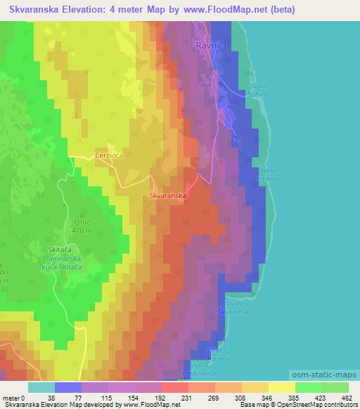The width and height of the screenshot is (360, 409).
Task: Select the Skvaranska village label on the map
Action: [167, 197]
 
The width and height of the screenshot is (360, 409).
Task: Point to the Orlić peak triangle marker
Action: [83, 214]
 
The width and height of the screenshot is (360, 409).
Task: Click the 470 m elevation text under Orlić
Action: [82, 230]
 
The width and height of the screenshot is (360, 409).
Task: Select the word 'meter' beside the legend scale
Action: [11, 397]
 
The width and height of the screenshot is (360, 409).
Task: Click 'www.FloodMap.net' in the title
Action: [226, 10]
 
